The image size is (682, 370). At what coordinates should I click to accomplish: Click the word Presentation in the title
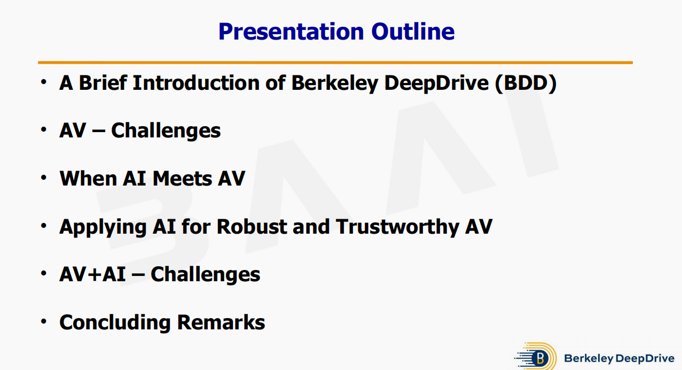[291, 32]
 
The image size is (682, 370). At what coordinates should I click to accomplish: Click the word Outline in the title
[413, 32]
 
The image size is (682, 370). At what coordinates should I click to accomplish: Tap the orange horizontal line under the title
[335, 63]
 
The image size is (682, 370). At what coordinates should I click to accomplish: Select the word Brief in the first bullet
[103, 82]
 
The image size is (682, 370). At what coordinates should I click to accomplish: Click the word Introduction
[196, 82]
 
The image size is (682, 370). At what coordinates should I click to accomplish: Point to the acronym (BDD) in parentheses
[526, 83]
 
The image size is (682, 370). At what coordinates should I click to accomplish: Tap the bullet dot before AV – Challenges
[44, 129]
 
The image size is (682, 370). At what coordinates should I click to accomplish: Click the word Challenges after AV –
[166, 131]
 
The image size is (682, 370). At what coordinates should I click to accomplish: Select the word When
[88, 178]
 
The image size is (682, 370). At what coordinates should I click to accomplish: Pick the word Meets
[182, 178]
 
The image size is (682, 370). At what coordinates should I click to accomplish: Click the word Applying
[103, 228]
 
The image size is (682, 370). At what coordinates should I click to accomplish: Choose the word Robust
[252, 227]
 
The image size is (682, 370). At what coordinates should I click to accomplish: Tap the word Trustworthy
[398, 228]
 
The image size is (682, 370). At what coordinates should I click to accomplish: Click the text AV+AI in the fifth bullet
[92, 274]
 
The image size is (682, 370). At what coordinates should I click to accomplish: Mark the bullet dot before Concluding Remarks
[44, 321]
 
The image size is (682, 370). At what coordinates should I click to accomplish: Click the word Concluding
[115, 323]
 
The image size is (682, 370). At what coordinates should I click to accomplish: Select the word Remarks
[221, 322]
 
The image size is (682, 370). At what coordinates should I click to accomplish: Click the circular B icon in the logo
[540, 358]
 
